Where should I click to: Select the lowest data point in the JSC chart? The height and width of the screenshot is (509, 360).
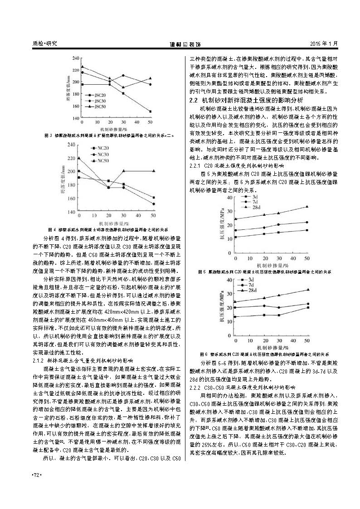pos(151,111)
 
